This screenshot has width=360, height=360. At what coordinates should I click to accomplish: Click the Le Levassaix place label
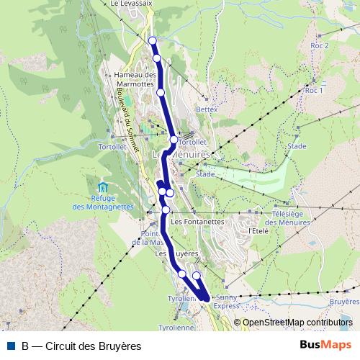point(134,4)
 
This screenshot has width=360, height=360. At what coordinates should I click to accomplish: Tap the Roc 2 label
point(319,45)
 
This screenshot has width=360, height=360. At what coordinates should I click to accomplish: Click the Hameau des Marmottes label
point(135,79)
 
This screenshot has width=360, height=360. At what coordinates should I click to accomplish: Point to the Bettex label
point(206,109)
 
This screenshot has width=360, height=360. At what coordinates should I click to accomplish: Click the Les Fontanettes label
point(198,222)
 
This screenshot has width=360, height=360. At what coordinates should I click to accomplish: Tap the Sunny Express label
point(226,301)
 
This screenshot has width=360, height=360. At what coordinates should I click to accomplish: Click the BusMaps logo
point(326,346)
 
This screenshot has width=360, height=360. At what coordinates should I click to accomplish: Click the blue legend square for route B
point(12,346)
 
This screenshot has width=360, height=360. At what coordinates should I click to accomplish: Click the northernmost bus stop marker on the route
point(152,40)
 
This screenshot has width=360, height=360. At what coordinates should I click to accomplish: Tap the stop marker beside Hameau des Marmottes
point(161,92)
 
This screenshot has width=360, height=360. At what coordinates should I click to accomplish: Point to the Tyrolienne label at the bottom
point(195,326)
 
